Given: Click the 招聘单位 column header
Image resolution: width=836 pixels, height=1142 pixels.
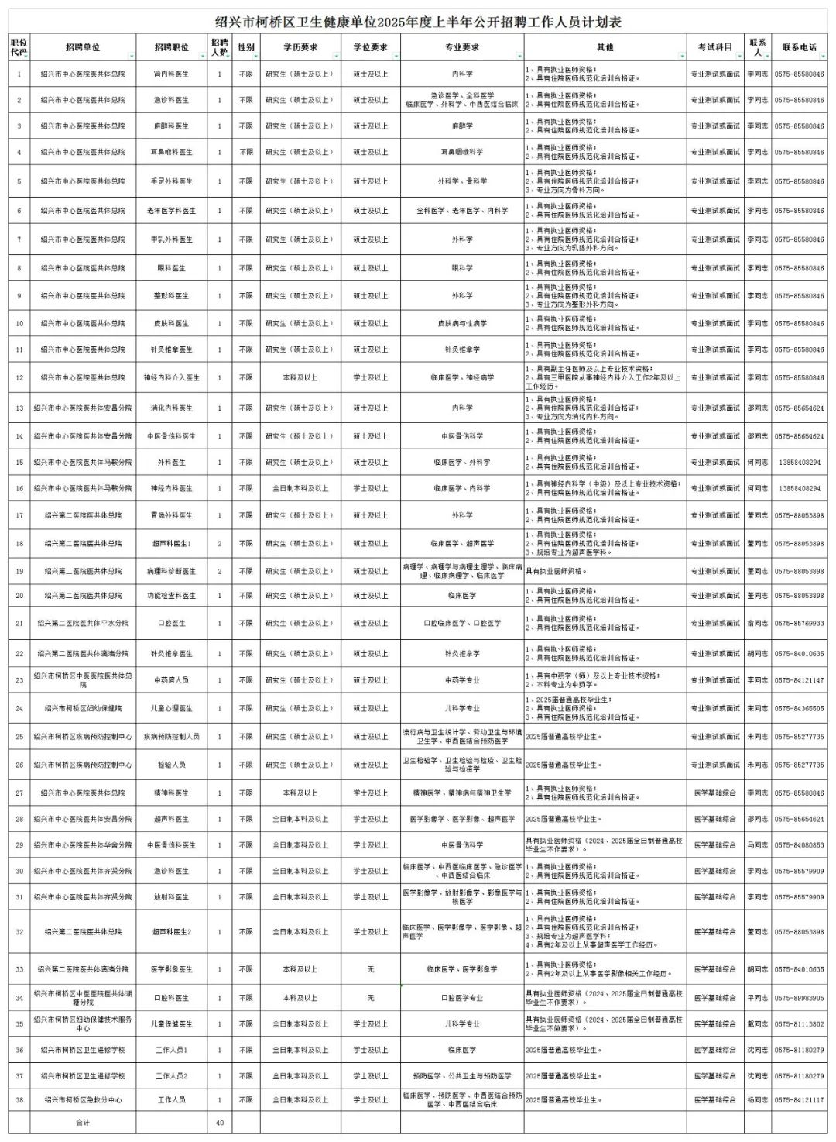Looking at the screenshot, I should click(x=83, y=47).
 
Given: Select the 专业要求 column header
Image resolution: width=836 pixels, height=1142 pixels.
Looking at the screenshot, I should click(x=462, y=47).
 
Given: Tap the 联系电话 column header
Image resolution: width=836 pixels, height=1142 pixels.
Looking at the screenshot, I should click(x=799, y=47).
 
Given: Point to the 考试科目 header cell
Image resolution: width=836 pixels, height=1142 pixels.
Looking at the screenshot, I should click(x=714, y=47).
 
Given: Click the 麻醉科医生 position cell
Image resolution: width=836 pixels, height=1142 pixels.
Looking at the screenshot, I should click(x=171, y=126).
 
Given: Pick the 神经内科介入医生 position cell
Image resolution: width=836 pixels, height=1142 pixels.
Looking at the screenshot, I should click(x=171, y=378).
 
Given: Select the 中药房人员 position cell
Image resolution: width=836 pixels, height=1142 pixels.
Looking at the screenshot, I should click(x=171, y=680).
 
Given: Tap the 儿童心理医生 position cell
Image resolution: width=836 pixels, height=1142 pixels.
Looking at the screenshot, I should click(x=171, y=708).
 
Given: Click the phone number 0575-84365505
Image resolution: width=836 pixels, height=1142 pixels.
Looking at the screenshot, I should click(x=799, y=708).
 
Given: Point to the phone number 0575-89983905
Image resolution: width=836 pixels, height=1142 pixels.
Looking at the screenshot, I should click(x=799, y=998).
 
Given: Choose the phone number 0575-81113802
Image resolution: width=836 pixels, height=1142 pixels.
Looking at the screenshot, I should click(x=799, y=1024).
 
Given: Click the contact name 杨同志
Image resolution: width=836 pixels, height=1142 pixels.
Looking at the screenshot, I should click(x=757, y=1100).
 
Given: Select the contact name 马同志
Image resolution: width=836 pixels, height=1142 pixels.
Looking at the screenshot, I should click(x=757, y=845).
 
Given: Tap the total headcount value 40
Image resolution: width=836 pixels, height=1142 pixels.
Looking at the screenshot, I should click(x=220, y=1123).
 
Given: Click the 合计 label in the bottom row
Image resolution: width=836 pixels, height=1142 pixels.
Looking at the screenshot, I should click(x=83, y=1123).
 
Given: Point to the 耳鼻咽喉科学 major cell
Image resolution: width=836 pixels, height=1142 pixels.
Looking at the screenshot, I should click(x=462, y=153).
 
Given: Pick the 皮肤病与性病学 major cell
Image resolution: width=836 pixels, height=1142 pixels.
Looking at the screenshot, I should click(x=462, y=323).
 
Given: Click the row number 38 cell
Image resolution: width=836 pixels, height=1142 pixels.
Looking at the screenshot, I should click(x=19, y=1100).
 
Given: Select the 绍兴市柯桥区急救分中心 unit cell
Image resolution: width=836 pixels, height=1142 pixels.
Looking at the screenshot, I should click(x=83, y=1100).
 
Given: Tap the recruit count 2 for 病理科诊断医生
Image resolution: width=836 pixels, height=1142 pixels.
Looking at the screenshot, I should click(x=220, y=571).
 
